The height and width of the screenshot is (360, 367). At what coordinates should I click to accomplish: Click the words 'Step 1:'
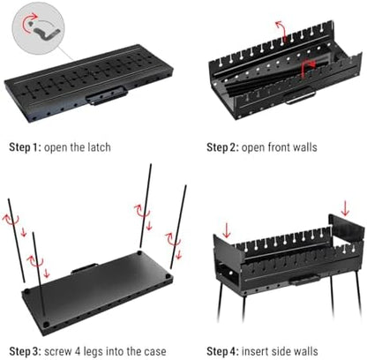tap(25, 147)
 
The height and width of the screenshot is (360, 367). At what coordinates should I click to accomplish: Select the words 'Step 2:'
tap(222, 147)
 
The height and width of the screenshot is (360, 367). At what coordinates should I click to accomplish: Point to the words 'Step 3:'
tap(26, 351)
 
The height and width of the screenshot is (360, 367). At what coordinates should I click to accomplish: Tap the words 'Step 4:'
tap(222, 351)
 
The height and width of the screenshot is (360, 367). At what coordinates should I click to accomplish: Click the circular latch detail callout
tap(38, 27)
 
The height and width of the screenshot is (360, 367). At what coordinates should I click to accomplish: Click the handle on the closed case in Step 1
tap(107, 95)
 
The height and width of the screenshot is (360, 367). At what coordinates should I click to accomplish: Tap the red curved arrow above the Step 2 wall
tap(281, 30)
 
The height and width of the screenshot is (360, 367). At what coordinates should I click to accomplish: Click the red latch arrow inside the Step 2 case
tap(308, 68)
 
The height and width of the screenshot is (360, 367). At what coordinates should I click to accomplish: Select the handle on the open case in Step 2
tap(299, 97)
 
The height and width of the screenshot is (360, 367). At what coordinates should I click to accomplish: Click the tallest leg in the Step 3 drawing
tap(146, 206)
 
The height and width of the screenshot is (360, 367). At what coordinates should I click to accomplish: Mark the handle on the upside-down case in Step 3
tap(85, 268)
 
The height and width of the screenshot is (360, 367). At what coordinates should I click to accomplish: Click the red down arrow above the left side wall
tap(227, 230)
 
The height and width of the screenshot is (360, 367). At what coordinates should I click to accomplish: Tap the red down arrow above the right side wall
tap(345, 208)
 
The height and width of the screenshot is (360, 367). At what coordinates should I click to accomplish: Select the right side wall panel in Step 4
tap(346, 232)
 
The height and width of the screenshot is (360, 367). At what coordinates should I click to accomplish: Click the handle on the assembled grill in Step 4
tap(304, 280)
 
